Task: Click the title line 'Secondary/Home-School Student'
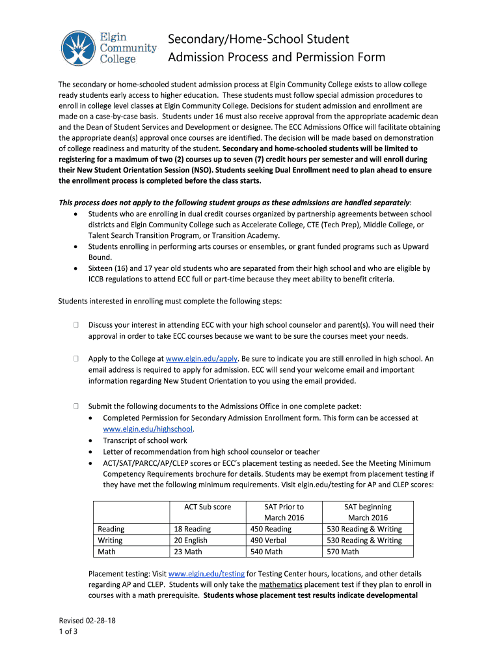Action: click(x=259, y=40)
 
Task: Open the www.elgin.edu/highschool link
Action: click(x=148, y=429)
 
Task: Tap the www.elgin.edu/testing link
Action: click(x=206, y=574)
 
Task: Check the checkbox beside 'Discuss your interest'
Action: click(x=76, y=324)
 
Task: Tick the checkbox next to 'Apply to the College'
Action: click(x=76, y=359)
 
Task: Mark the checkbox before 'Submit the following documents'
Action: click(x=76, y=406)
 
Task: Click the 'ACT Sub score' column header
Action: click(x=207, y=507)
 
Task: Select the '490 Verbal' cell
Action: click(x=267, y=540)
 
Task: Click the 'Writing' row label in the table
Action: click(x=110, y=540)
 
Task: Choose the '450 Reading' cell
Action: click(x=271, y=529)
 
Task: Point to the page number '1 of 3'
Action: click(x=68, y=631)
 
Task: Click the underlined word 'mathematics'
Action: click(x=281, y=585)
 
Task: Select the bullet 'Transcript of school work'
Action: click(x=145, y=440)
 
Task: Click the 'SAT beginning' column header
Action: click(x=368, y=507)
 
